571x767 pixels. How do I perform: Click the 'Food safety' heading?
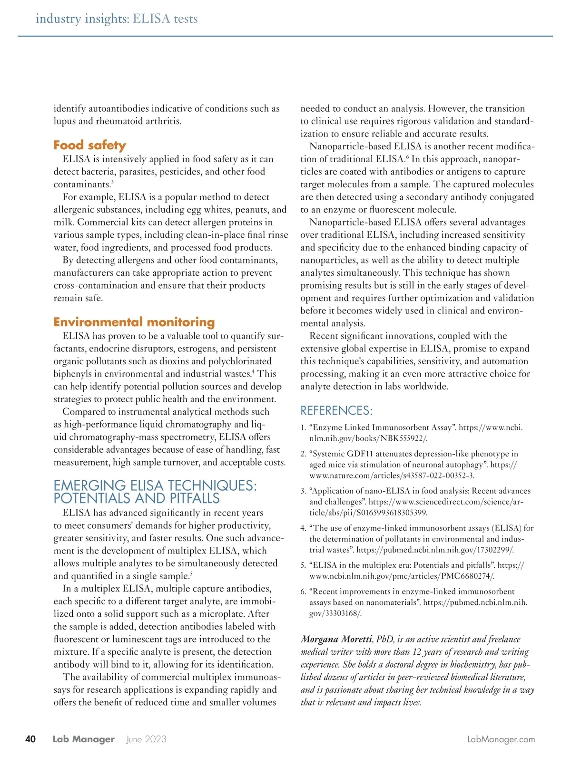coord(89,145)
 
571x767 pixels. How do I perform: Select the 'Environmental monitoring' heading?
coord(134,322)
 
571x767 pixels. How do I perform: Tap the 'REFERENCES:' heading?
coord(336,410)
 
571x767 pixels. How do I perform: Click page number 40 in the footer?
coord(30,739)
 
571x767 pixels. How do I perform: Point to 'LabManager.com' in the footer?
coord(501,739)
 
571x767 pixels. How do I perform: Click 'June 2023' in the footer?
coord(146,739)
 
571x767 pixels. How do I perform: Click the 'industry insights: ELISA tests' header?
coord(117,19)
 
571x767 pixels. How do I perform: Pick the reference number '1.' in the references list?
coord(303,427)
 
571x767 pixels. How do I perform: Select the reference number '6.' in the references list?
coord(303,592)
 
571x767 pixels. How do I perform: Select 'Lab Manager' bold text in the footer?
coord(83,739)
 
